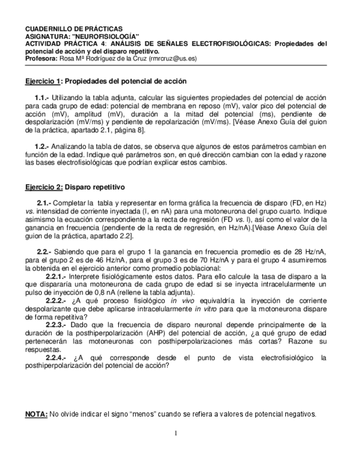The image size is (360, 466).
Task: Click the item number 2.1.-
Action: [44, 203]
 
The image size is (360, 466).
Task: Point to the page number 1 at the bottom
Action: [175, 433]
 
